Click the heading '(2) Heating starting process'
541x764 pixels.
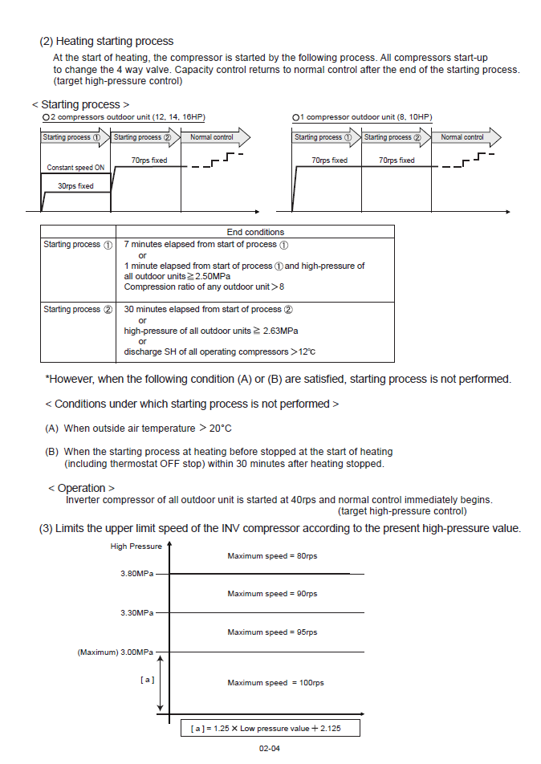coord(106,41)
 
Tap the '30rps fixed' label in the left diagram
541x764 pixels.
coord(75,185)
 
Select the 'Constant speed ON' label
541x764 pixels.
coord(75,168)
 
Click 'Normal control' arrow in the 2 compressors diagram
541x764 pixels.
coord(211,137)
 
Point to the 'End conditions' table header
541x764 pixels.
coord(255,232)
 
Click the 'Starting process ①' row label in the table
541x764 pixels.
coord(78,244)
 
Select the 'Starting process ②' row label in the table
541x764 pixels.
coord(78,309)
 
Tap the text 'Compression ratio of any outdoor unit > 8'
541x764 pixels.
coord(204,286)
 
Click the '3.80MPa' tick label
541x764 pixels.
coord(134,574)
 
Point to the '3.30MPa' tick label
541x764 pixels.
coord(134,613)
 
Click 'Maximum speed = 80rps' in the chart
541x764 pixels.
coord(272,555)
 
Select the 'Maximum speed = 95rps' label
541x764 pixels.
coord(272,632)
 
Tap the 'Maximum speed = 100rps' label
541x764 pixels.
coord(275,683)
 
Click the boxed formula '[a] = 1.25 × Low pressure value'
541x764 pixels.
coord(269,728)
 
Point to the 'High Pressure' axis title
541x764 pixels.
coord(136,547)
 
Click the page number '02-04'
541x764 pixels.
coord(269,749)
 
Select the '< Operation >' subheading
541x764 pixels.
coord(81,488)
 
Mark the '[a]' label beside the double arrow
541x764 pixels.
coord(148,679)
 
